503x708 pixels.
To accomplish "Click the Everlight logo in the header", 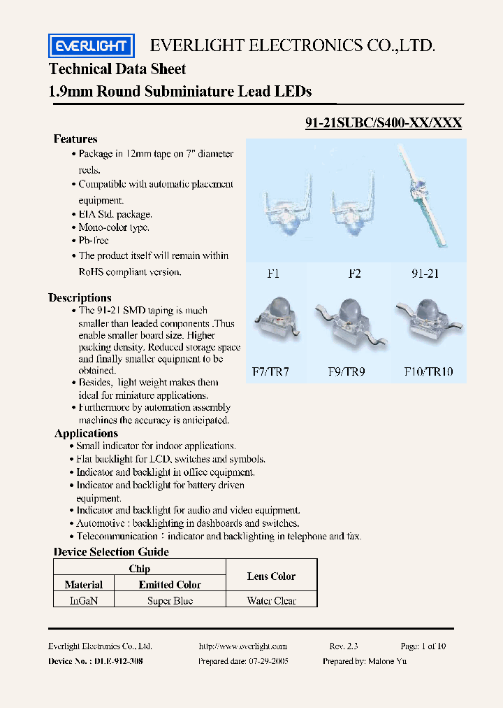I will point(91,46).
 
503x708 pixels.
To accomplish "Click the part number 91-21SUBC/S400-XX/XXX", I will point(384,122).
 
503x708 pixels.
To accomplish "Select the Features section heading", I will point(75,139).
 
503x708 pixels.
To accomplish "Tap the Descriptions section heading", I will point(80,298).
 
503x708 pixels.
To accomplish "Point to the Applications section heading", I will point(86,434).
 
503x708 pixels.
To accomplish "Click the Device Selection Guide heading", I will point(111,552).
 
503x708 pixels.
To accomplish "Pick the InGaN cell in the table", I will point(83,600).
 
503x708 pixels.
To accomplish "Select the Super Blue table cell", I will point(170,600).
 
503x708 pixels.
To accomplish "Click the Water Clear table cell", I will point(271,600).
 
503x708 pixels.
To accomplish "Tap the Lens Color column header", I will point(271,576).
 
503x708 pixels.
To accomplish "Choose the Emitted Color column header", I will point(170,585).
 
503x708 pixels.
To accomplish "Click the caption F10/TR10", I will point(429,371).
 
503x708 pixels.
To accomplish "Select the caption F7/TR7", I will point(270,371).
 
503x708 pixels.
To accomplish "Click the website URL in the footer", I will point(242,646).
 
